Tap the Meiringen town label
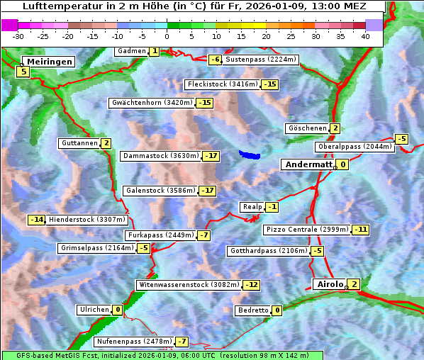48,62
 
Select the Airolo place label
329,284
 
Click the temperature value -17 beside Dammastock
211,156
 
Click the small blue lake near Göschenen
249,154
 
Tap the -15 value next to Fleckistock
269,85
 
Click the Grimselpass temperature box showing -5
143,248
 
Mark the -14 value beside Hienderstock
37,220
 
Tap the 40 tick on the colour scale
365,35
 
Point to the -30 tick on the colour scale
18,35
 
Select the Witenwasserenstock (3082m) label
189,285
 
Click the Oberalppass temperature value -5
402,139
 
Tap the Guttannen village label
79,143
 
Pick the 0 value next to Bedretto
277,310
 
